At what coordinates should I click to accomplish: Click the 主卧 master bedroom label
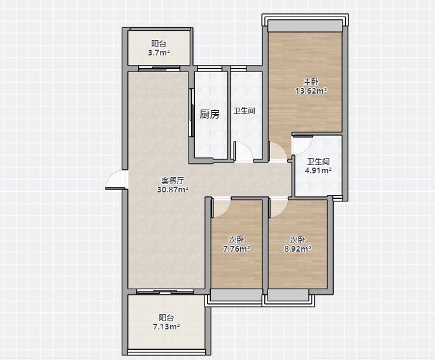point(311,82)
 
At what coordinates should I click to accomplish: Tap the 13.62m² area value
point(311,90)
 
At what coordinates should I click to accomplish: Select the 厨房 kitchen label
point(210,114)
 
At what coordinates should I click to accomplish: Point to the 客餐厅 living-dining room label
point(173,181)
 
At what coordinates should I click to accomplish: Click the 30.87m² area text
point(173,190)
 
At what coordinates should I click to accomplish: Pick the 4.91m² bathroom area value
point(318,170)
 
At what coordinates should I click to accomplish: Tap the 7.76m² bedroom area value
point(236,248)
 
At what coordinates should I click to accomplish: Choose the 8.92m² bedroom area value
point(297,248)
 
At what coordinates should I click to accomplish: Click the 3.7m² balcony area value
point(159,52)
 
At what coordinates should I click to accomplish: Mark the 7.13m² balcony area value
point(166,326)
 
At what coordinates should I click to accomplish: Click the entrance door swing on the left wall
point(116,180)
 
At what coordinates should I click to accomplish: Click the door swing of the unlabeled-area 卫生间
point(244,151)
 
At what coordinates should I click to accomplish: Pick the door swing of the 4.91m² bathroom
point(303,145)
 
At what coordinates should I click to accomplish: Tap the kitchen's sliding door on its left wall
point(192,112)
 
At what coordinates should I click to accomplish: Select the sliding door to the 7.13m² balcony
point(165,292)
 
